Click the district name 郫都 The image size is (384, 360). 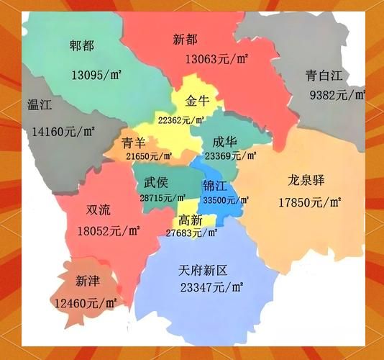81,45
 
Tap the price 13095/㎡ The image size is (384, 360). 96,74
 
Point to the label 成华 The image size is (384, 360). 223,142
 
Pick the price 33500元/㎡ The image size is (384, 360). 226,200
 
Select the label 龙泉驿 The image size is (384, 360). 306,180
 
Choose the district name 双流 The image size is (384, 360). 99,210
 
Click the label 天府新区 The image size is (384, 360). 203,271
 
